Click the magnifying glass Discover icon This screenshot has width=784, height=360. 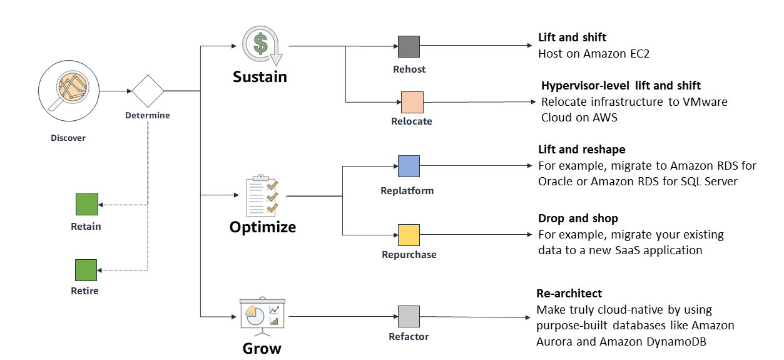click(x=69, y=91)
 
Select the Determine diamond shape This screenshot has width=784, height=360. click(x=148, y=91)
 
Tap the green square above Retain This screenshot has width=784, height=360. click(x=87, y=204)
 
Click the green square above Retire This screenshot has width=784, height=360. click(x=86, y=270)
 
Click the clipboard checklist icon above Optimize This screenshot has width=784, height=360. click(x=262, y=195)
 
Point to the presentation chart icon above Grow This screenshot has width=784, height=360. click(x=262, y=316)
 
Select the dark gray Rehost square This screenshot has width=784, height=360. click(x=409, y=46)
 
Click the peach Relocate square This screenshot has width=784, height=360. click(x=412, y=102)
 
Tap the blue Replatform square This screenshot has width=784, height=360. click(x=409, y=167)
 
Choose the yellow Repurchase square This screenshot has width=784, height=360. click(x=409, y=235)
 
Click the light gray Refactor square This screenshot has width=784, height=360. click(x=409, y=316)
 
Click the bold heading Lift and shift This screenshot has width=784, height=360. click(x=572, y=37)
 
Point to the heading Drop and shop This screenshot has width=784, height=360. click(x=578, y=218)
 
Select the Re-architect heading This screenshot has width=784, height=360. click(x=569, y=293)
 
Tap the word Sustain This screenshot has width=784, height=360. click(x=260, y=76)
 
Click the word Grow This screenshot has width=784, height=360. click(x=262, y=349)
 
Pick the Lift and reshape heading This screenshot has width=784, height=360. click(x=582, y=150)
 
